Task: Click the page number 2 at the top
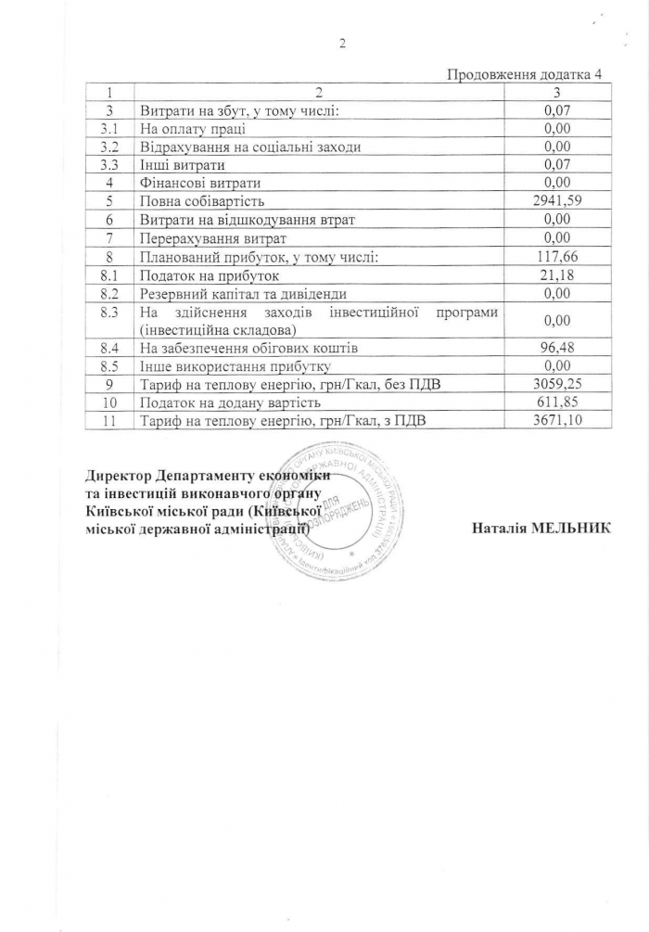coord(342,44)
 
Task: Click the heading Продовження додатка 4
coord(517,74)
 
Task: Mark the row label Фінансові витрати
coord(199,183)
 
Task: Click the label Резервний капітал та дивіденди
coord(242,293)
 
